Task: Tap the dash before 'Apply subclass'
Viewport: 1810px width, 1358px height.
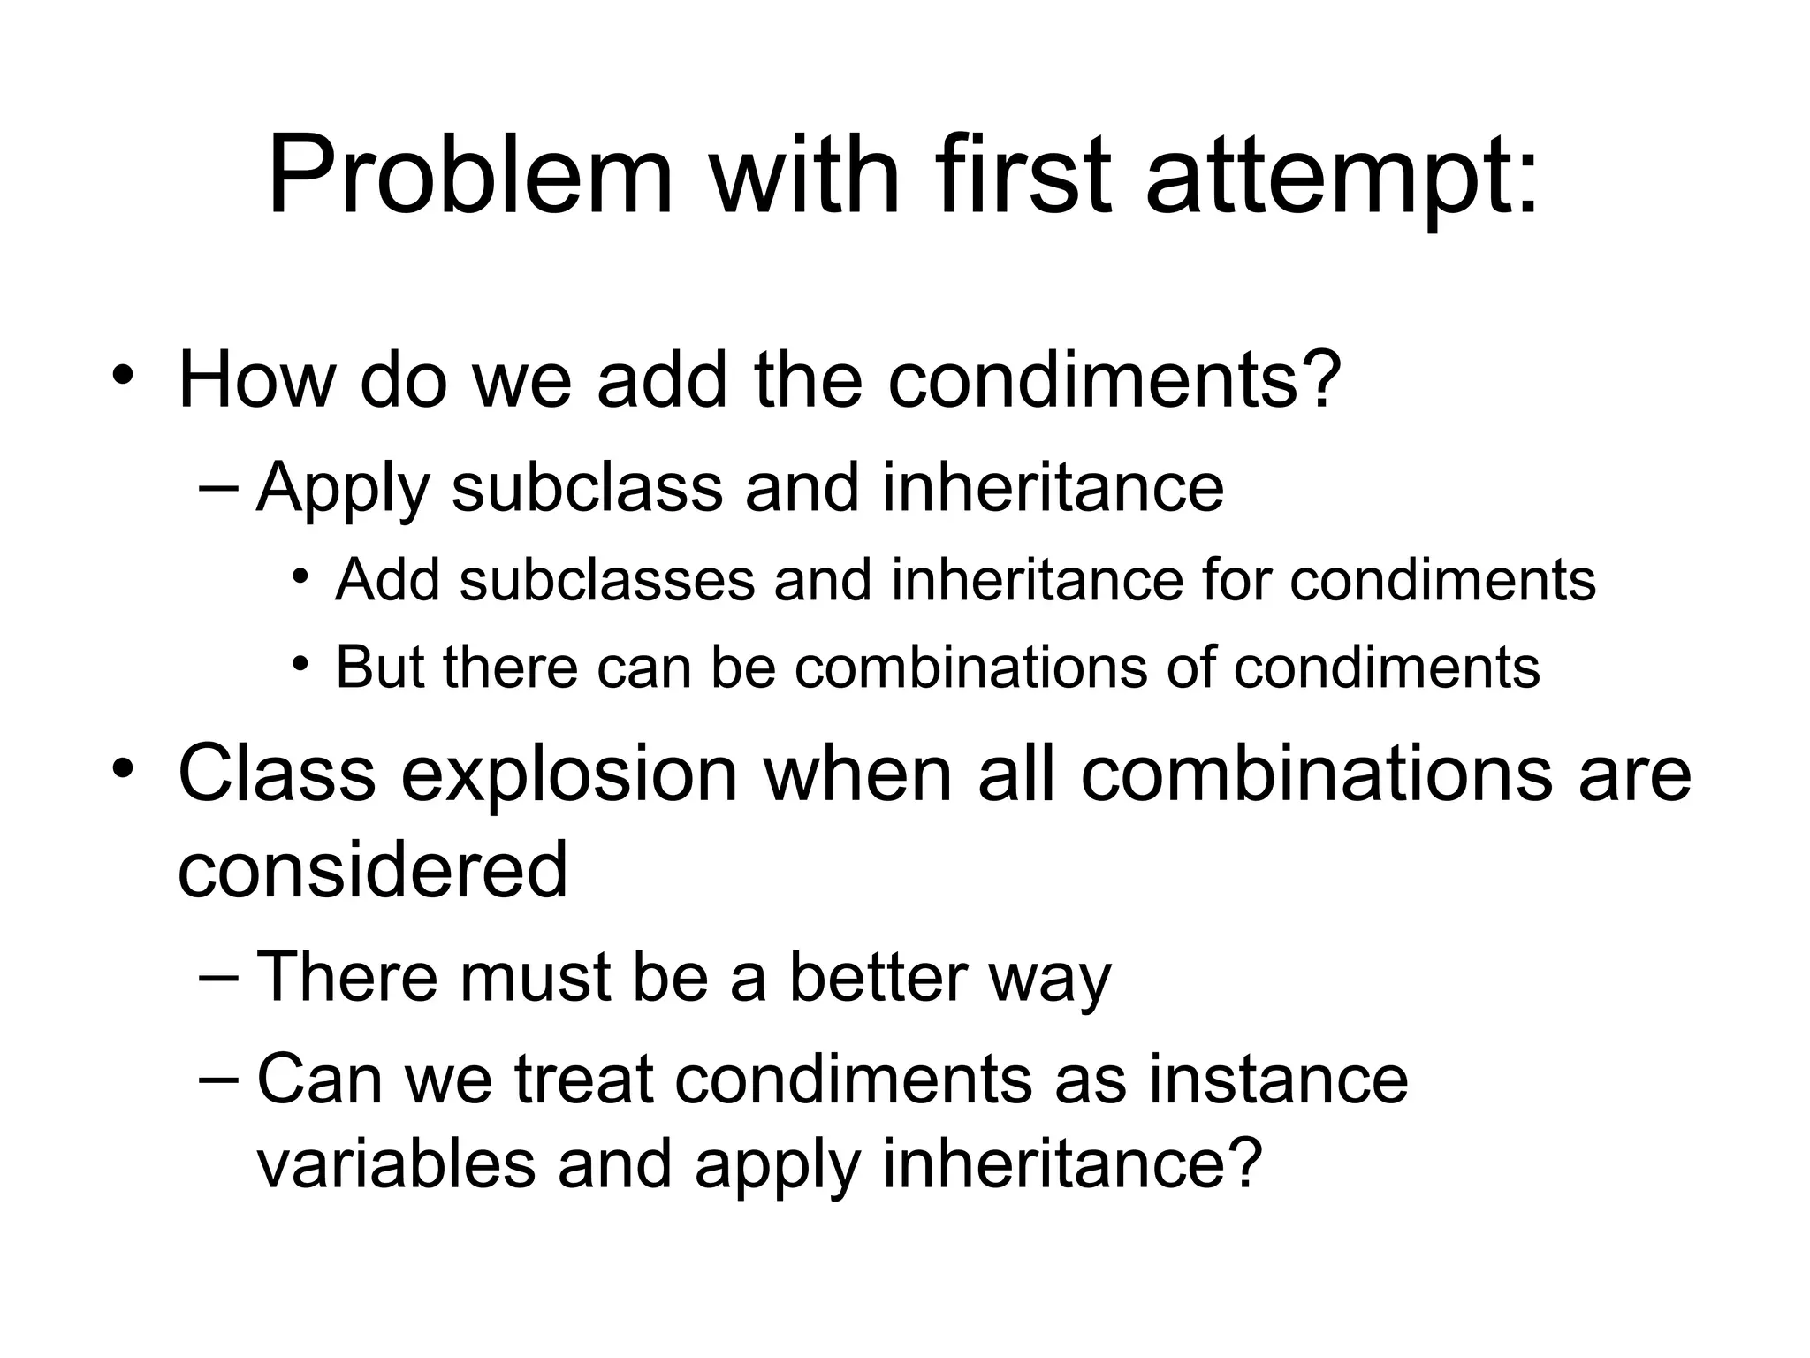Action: [219, 487]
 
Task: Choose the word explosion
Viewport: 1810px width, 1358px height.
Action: [570, 774]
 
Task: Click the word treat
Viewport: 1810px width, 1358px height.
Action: [582, 1080]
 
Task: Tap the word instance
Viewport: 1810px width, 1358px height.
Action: [1278, 1080]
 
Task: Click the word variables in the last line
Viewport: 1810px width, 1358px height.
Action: [396, 1163]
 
